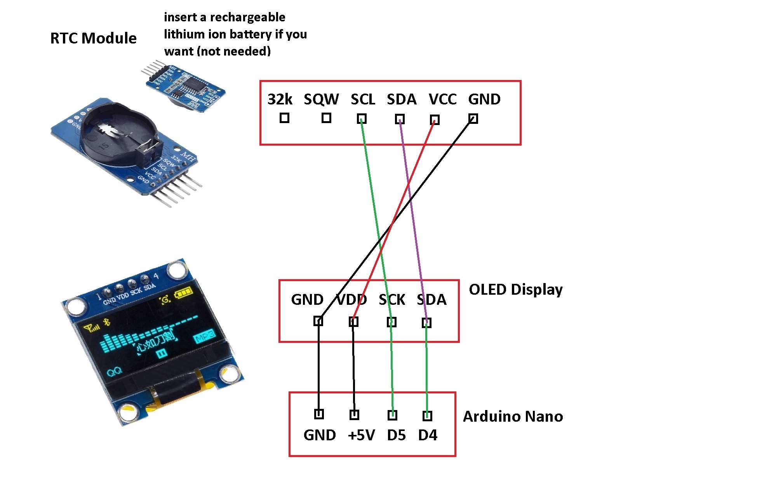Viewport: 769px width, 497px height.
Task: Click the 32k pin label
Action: click(280, 99)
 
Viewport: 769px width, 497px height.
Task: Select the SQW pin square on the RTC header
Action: click(326, 118)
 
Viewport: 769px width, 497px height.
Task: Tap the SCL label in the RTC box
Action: click(363, 99)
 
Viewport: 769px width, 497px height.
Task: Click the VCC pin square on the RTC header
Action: click(435, 120)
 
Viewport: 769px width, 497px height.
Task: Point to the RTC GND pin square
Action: click(473, 118)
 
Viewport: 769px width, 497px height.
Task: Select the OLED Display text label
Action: click(515, 290)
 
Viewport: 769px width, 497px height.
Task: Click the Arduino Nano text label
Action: click(513, 416)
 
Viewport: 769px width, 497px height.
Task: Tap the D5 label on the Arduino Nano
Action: click(396, 435)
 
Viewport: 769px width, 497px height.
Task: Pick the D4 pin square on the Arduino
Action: click(427, 416)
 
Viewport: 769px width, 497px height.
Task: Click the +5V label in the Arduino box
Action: click(361, 435)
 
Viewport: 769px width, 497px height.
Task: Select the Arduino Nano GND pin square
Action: click(319, 414)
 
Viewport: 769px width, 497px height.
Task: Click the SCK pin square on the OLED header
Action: click(391, 322)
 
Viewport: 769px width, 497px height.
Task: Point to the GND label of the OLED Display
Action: click(307, 300)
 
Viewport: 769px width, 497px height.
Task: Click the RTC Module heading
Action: click(93, 38)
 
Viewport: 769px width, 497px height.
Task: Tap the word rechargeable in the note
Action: click(247, 17)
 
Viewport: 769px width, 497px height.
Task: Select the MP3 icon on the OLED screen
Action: click(204, 337)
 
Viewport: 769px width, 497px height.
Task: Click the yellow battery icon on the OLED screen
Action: click(183, 292)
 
